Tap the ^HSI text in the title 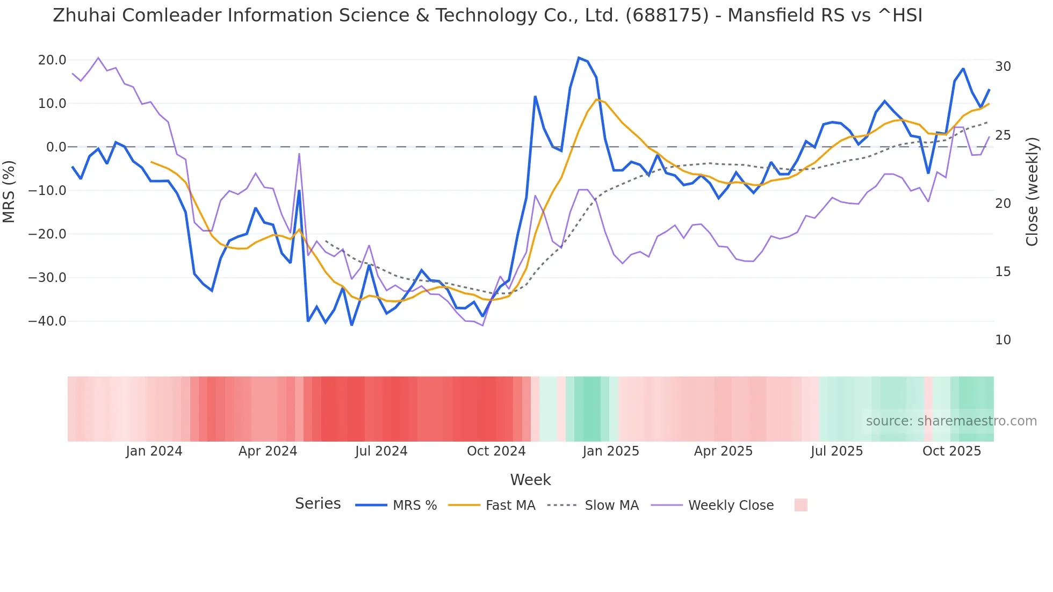coord(900,16)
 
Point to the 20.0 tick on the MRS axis coord(52,60)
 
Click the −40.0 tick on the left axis coord(48,321)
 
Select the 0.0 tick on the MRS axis coord(56,147)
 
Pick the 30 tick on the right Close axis coord(1002,67)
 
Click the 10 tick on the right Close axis coord(1002,340)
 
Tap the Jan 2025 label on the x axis coord(610,451)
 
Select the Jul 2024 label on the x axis coord(381,451)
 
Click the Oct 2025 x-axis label coord(951,451)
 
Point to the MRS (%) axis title coord(9,191)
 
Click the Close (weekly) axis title coord(1032,192)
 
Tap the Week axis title coord(530,480)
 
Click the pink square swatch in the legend coord(800,505)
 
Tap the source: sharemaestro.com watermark coord(951,421)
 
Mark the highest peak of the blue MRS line coord(579,57)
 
